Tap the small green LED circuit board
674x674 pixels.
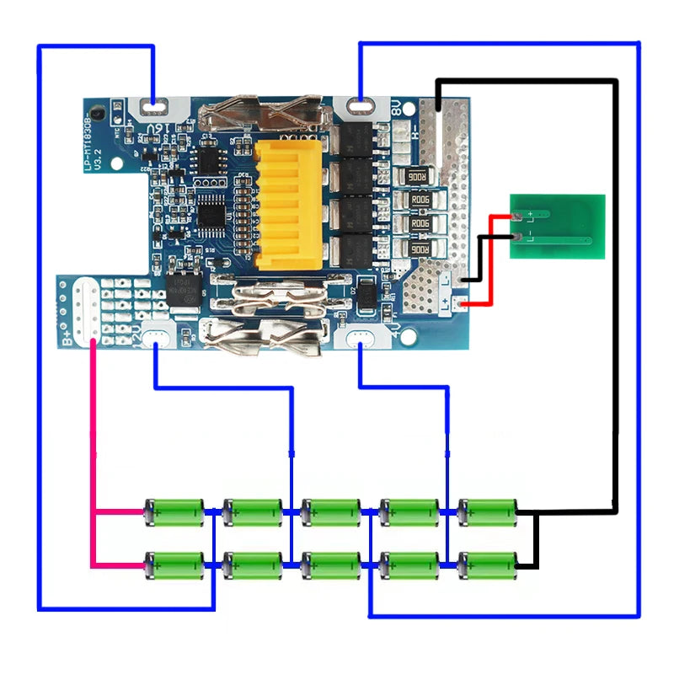(x=557, y=225)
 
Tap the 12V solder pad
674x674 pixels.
(x=157, y=339)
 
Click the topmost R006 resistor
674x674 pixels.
(x=418, y=176)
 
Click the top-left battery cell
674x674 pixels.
(x=174, y=511)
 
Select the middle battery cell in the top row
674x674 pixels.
(x=331, y=511)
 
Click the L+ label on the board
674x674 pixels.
(x=446, y=302)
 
